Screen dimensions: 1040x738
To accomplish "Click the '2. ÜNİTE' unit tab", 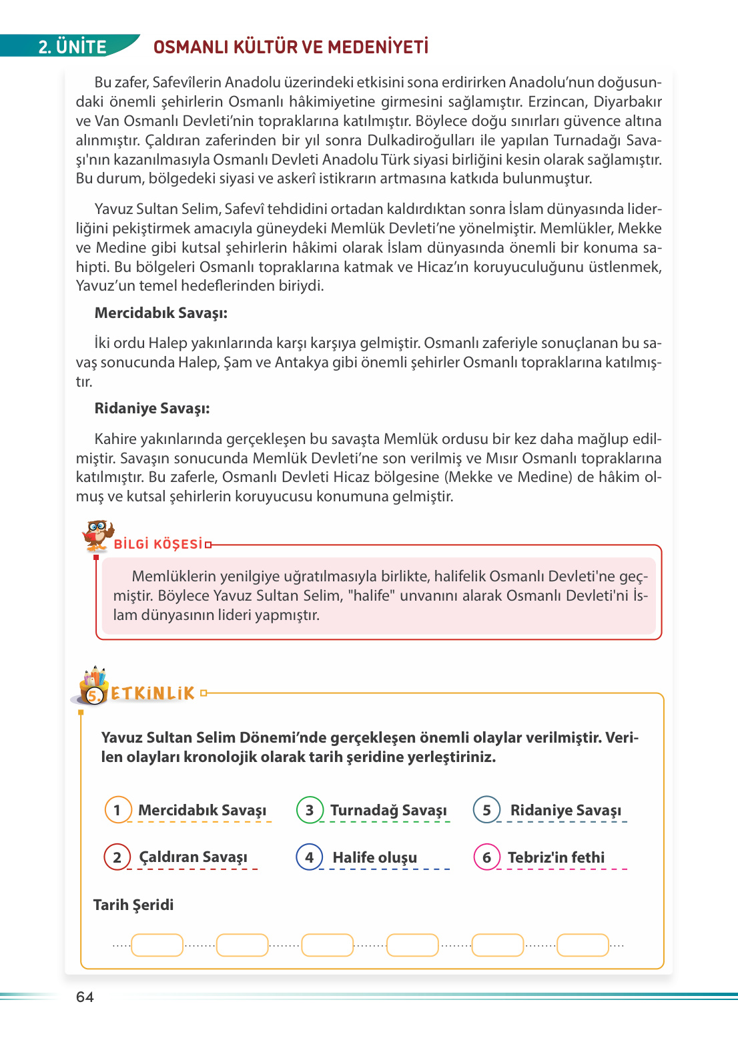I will point(72,47).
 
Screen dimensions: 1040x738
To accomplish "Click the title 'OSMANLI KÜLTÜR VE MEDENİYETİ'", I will point(291,47).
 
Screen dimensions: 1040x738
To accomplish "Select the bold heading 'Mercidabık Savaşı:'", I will point(161,313).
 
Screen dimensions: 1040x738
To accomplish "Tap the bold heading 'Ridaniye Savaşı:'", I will point(152,408).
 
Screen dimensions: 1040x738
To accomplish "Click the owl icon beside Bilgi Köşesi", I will point(97,535).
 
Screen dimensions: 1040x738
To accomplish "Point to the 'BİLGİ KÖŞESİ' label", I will point(158,544).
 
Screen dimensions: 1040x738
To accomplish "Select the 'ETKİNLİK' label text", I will point(153,693).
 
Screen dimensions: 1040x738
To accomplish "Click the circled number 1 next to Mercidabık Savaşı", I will point(118,810).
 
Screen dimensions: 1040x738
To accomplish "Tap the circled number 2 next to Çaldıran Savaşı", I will point(117,857).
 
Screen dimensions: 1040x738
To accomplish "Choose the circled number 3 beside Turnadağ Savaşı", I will point(310,810).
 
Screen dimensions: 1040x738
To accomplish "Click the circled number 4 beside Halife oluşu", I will point(310,857).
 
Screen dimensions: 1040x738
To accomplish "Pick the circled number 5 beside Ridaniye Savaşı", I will point(487,810).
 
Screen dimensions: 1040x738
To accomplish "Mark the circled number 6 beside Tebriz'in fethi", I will point(487,857).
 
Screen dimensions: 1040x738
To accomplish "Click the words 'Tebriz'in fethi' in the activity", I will point(556,857).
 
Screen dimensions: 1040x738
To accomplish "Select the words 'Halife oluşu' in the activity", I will point(374,857).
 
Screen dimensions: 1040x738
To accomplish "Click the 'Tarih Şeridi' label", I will point(133,905).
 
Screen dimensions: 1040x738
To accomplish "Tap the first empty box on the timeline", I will point(157,945).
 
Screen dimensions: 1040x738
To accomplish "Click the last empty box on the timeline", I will point(583,945).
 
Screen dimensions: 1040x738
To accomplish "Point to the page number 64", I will point(85,997).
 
